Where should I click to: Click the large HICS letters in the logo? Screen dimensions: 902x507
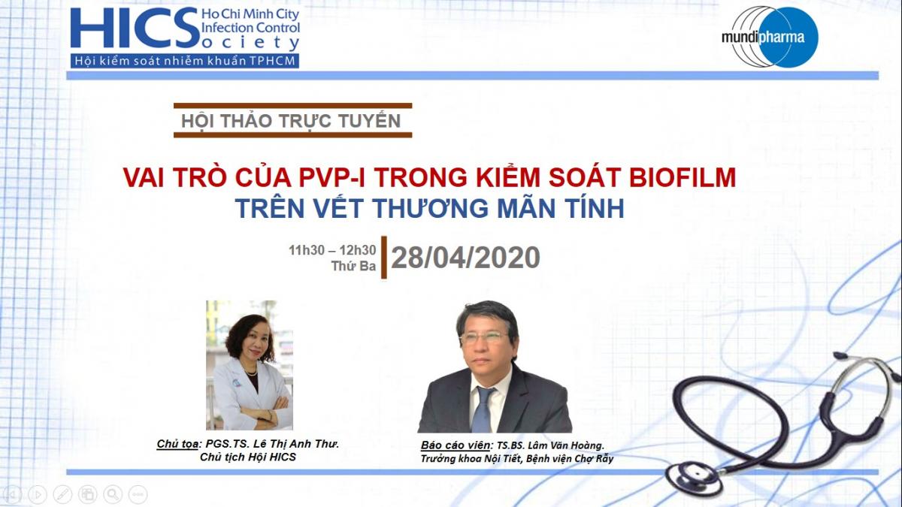(x=135, y=28)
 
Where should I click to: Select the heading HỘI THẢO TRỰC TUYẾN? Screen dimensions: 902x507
(x=291, y=121)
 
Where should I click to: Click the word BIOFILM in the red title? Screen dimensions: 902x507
(x=683, y=177)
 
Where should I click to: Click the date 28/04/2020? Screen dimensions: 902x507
(x=465, y=258)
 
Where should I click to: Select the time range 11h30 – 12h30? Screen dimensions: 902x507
(x=332, y=250)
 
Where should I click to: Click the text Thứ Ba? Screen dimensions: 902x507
(x=353, y=266)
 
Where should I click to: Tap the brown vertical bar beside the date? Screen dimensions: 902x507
(x=384, y=257)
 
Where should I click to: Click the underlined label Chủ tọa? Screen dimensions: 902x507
(x=177, y=444)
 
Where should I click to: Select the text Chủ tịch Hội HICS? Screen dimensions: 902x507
(x=247, y=457)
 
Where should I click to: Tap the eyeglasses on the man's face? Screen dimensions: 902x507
(x=484, y=337)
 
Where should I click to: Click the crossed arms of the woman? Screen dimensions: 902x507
(x=262, y=409)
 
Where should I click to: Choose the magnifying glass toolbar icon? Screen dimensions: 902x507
(x=113, y=493)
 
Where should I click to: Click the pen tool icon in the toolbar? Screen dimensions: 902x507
(x=62, y=493)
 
